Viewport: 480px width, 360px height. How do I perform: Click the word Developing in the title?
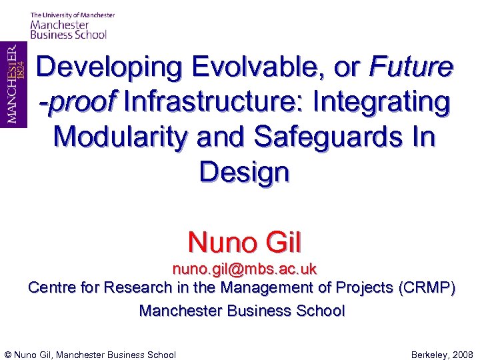pyautogui.click(x=108, y=68)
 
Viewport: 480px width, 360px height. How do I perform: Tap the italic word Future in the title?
pyautogui.click(x=411, y=68)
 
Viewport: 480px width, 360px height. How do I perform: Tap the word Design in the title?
pyautogui.click(x=244, y=173)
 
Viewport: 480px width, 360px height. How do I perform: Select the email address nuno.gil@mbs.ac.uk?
pyautogui.click(x=244, y=269)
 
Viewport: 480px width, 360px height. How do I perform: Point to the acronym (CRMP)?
pyautogui.click(x=427, y=288)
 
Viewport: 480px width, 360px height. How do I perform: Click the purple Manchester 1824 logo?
pyautogui.click(x=13, y=85)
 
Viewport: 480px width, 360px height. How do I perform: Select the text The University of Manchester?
pyautogui.click(x=72, y=15)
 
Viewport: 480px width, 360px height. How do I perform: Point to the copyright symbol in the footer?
pyautogui.click(x=8, y=355)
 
